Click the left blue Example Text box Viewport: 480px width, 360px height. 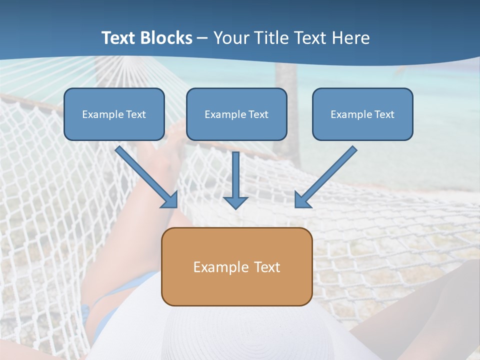(114, 114)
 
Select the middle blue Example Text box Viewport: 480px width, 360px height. (236, 114)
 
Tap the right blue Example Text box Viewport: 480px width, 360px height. (362, 114)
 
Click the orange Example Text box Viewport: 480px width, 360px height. (236, 266)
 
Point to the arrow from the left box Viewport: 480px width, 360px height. (145, 175)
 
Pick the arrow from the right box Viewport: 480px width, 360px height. (327, 175)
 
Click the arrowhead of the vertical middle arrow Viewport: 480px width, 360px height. (235, 202)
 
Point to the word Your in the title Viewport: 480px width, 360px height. (230, 38)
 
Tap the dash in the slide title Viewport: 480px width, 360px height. (203, 38)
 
